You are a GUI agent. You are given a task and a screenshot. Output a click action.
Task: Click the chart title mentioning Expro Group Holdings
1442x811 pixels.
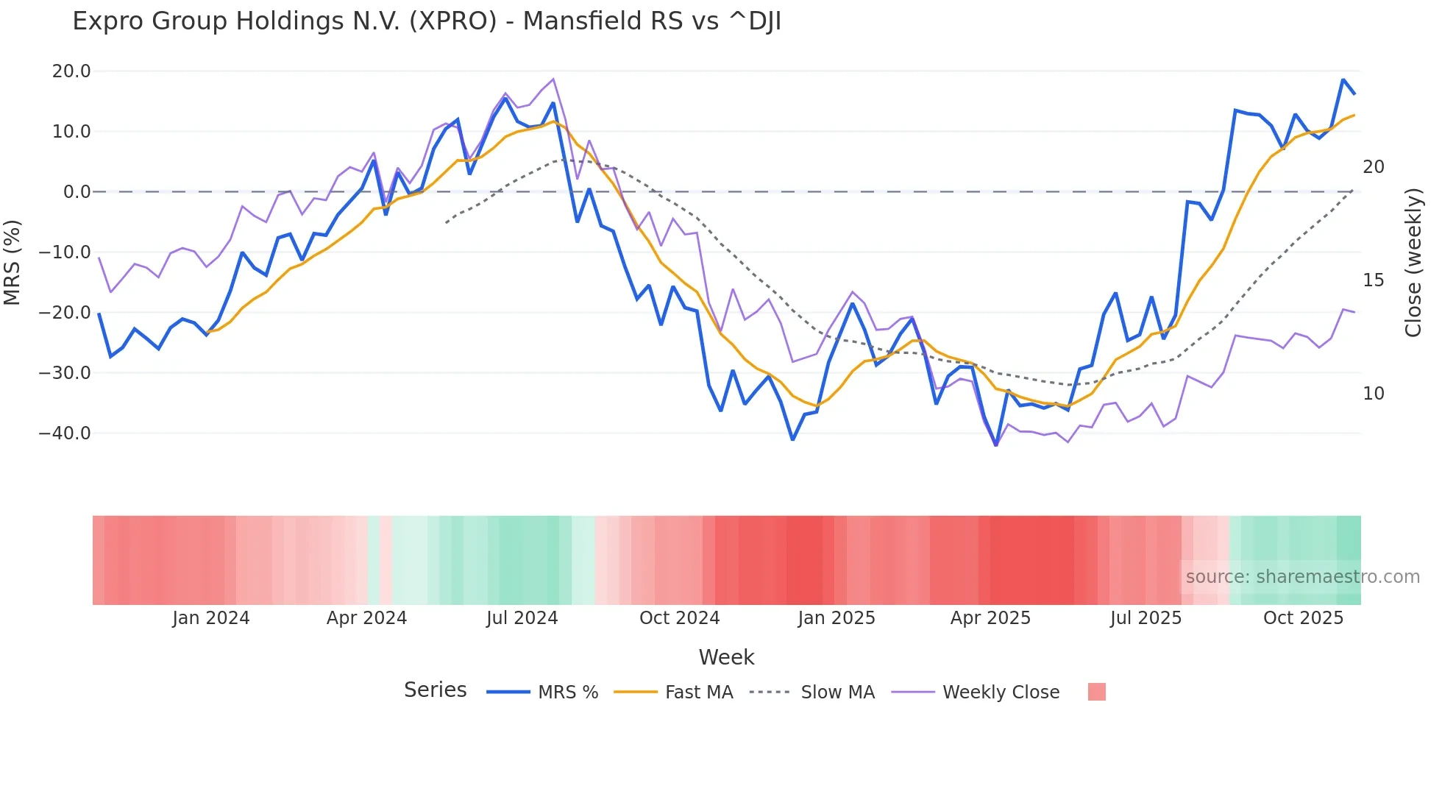coord(427,21)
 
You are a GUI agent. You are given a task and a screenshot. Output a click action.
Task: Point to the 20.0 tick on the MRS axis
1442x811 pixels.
coord(71,71)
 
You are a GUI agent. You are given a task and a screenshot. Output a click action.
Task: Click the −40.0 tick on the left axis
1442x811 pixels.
coord(65,433)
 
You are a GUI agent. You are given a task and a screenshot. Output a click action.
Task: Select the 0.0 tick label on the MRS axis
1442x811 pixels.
coord(77,192)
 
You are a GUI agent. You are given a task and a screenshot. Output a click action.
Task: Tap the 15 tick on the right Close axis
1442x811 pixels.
coord(1373,280)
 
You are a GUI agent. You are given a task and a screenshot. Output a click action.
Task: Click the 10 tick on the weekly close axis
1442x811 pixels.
coord(1373,394)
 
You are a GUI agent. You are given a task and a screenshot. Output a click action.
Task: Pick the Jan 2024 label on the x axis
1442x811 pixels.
coord(211,618)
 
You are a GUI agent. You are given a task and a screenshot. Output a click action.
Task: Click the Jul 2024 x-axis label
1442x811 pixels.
coord(522,618)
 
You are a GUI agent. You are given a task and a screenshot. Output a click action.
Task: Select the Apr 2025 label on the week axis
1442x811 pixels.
coord(990,618)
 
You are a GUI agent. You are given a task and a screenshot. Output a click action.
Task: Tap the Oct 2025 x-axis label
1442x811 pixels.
coord(1303,618)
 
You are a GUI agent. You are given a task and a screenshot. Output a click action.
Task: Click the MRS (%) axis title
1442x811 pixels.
coord(13,262)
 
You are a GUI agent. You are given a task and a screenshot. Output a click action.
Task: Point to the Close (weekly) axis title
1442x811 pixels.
coord(1413,262)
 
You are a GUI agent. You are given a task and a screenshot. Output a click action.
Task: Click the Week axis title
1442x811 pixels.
coord(726,657)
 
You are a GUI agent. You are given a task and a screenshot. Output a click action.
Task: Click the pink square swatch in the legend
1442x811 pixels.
coord(1096,692)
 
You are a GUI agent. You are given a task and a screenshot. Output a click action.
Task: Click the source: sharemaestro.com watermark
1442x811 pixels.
coord(1302,577)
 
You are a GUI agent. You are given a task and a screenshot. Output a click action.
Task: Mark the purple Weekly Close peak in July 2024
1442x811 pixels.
coord(553,79)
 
